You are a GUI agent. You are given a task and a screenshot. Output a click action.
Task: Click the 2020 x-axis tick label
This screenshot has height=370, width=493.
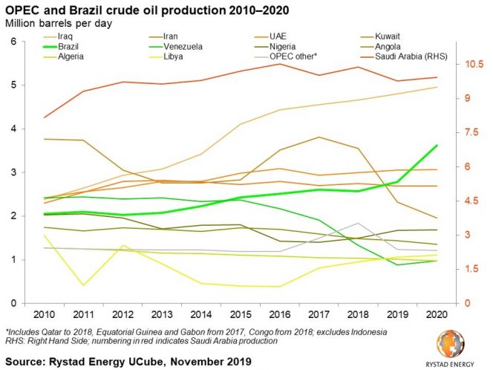(434, 315)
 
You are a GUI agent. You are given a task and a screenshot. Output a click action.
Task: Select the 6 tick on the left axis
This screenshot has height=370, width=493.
(13, 42)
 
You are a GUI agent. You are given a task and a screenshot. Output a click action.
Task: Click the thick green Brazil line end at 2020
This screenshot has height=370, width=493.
(436, 146)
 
